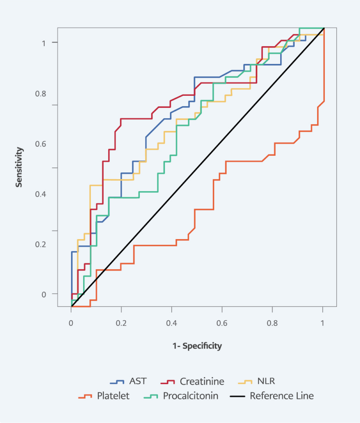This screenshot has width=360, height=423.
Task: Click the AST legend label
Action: [138, 381]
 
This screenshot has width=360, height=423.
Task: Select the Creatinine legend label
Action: [202, 381]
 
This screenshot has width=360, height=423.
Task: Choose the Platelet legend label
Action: [113, 396]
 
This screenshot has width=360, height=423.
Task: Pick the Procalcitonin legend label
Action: [191, 396]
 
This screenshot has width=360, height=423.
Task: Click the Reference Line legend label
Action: [281, 396]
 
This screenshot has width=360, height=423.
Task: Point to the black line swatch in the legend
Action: [237, 396]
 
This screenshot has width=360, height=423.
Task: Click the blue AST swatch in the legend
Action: [117, 381]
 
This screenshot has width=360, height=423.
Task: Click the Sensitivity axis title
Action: [19, 167]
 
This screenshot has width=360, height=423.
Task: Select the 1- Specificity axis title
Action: [197, 346]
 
